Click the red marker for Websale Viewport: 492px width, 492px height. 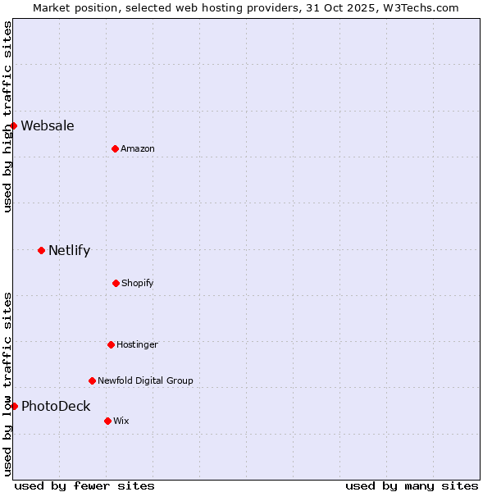point(14,125)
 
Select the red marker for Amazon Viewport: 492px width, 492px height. point(115,148)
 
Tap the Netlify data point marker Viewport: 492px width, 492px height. point(41,250)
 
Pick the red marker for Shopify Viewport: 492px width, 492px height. point(116,283)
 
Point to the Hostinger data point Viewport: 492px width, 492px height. point(111,344)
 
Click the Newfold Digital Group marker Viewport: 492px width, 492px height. point(92,380)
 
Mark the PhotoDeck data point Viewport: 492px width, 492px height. point(14,406)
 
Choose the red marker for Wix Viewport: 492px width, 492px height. point(107,421)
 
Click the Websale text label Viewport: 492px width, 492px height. point(48,125)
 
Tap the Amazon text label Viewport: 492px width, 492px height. point(138,148)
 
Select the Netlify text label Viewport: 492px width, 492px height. point(69,250)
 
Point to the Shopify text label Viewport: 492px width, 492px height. point(138,283)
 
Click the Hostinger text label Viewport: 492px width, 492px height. point(137,344)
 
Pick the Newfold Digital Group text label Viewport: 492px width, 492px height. point(145,380)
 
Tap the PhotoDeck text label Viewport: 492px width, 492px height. point(56,406)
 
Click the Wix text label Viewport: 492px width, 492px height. point(121,421)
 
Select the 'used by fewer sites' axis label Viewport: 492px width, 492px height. point(84,485)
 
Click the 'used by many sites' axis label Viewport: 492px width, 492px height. point(412,485)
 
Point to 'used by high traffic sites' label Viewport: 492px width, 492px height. point(7,116)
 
